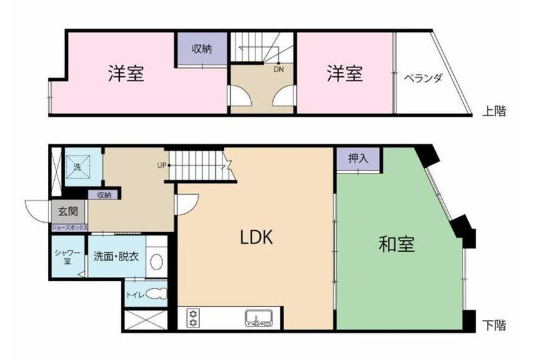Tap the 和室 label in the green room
397,244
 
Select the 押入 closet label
358,158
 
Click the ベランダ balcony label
423,79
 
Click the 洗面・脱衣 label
115,256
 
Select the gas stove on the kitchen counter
192,318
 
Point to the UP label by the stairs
162,166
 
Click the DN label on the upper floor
278,69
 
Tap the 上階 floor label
494,111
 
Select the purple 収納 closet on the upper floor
201,49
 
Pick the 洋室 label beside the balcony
345,74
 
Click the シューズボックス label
69,228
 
